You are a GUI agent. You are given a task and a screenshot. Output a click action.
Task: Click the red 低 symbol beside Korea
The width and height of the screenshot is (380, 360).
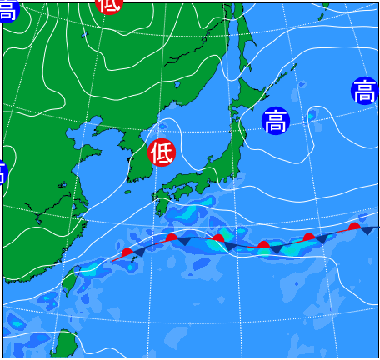tap(162, 152)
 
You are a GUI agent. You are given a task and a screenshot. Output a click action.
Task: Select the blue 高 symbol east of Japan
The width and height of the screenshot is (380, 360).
tap(275, 122)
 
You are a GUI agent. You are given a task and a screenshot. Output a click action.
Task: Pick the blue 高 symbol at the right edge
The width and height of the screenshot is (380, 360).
tap(364, 91)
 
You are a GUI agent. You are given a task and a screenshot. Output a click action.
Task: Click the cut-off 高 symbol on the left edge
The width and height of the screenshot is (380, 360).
tap(2, 172)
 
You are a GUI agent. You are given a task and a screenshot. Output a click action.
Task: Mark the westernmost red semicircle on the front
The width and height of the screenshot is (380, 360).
tap(127, 252)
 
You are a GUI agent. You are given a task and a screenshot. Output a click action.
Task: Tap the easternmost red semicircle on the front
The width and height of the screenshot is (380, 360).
tap(354, 226)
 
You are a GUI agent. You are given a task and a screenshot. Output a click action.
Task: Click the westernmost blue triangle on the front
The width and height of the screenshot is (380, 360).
tap(140, 251)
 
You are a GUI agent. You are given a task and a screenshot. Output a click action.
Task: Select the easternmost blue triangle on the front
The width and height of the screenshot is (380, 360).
tap(366, 230)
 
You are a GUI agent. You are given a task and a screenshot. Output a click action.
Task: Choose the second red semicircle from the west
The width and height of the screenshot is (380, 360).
tap(172, 237)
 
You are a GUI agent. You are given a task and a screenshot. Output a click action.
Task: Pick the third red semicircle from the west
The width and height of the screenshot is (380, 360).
tap(217, 239)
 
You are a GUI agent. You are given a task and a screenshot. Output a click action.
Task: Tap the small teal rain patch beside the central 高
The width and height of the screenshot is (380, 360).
tap(311, 117)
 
